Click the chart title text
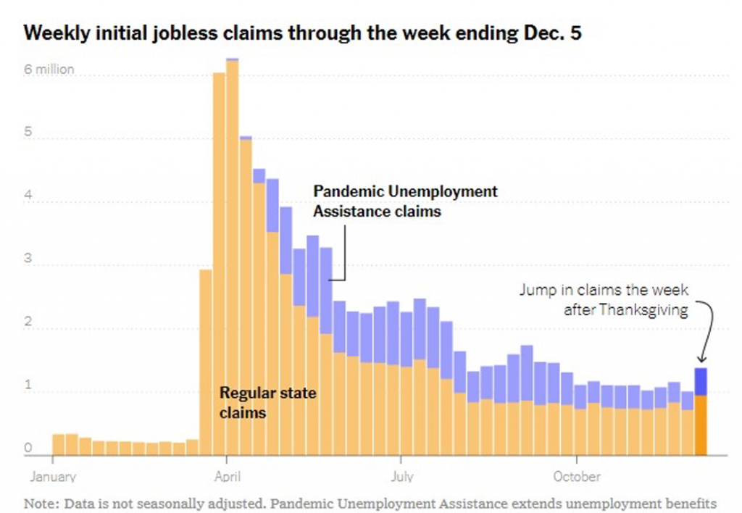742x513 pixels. [303, 33]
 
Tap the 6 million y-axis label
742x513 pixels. [49, 70]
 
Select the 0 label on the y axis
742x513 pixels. [29, 449]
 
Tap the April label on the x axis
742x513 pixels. [228, 477]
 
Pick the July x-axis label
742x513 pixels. [401, 477]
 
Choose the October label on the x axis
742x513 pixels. [577, 477]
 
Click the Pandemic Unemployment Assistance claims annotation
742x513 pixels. [405, 201]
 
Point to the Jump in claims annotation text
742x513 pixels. [604, 299]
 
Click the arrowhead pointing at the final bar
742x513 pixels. [701, 359]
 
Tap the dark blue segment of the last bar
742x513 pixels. [701, 381]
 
